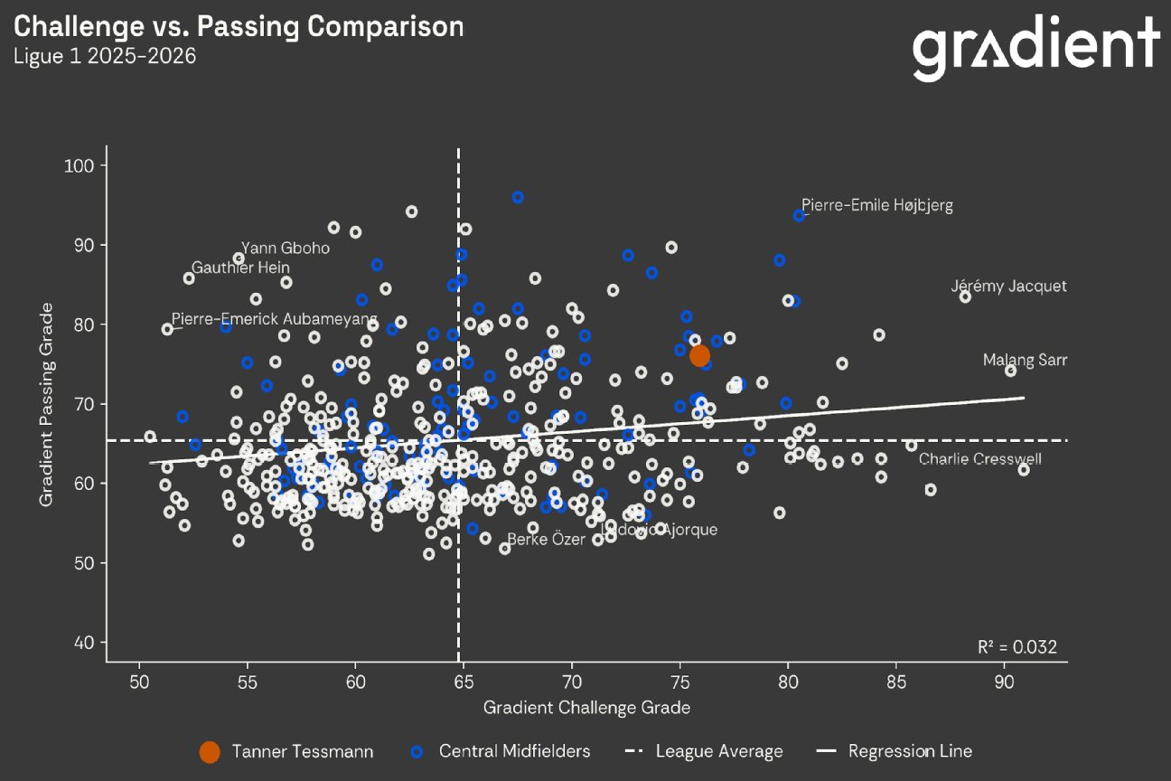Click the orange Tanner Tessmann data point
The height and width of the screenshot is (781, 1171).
[699, 356]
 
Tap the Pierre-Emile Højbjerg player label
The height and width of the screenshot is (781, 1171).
[876, 205]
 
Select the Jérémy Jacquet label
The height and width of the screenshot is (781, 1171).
[1008, 287]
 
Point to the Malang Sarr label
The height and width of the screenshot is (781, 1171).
[1025, 361]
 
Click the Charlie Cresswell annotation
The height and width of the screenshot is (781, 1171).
[979, 459]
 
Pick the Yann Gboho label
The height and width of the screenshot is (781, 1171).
[285, 249]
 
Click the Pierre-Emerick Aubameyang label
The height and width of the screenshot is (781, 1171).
[275, 319]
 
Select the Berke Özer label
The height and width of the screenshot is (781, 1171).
[539, 540]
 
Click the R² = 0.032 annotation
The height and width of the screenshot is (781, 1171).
[1016, 647]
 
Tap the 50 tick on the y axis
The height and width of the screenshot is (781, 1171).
[89, 562]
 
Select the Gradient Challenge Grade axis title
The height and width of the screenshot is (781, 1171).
[586, 707]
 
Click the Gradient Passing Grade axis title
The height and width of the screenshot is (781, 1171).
[46, 403]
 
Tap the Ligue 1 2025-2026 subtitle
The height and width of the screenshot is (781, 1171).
[104, 56]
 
